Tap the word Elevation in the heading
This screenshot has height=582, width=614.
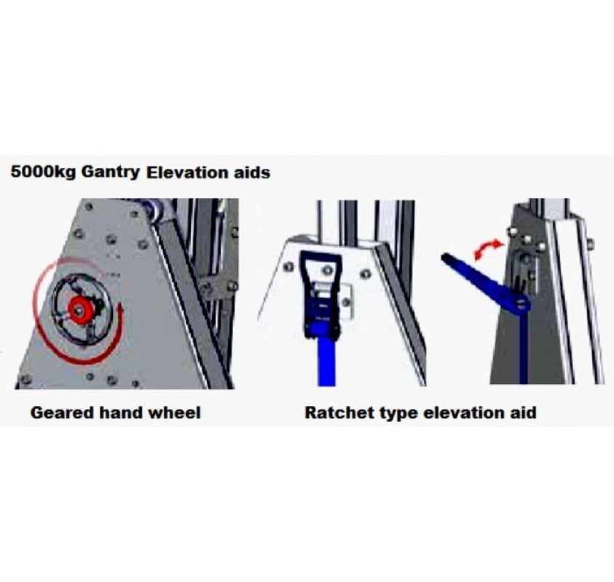pos(184,173)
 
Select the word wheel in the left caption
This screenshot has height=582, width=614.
pos(174,413)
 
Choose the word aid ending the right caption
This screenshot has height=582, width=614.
pos(521,413)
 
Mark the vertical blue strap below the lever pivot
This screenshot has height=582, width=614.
pos(523,349)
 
